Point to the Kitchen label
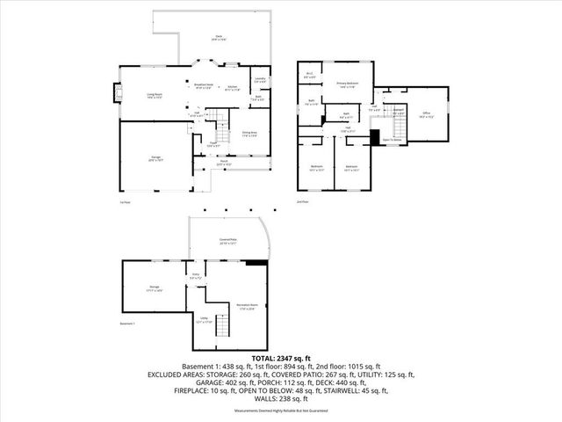click(x=232, y=88)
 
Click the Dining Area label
click(x=249, y=134)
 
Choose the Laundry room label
click(x=261, y=80)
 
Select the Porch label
click(x=224, y=163)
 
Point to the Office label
click(x=426, y=114)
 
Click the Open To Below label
click(x=393, y=140)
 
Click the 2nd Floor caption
click(x=303, y=201)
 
